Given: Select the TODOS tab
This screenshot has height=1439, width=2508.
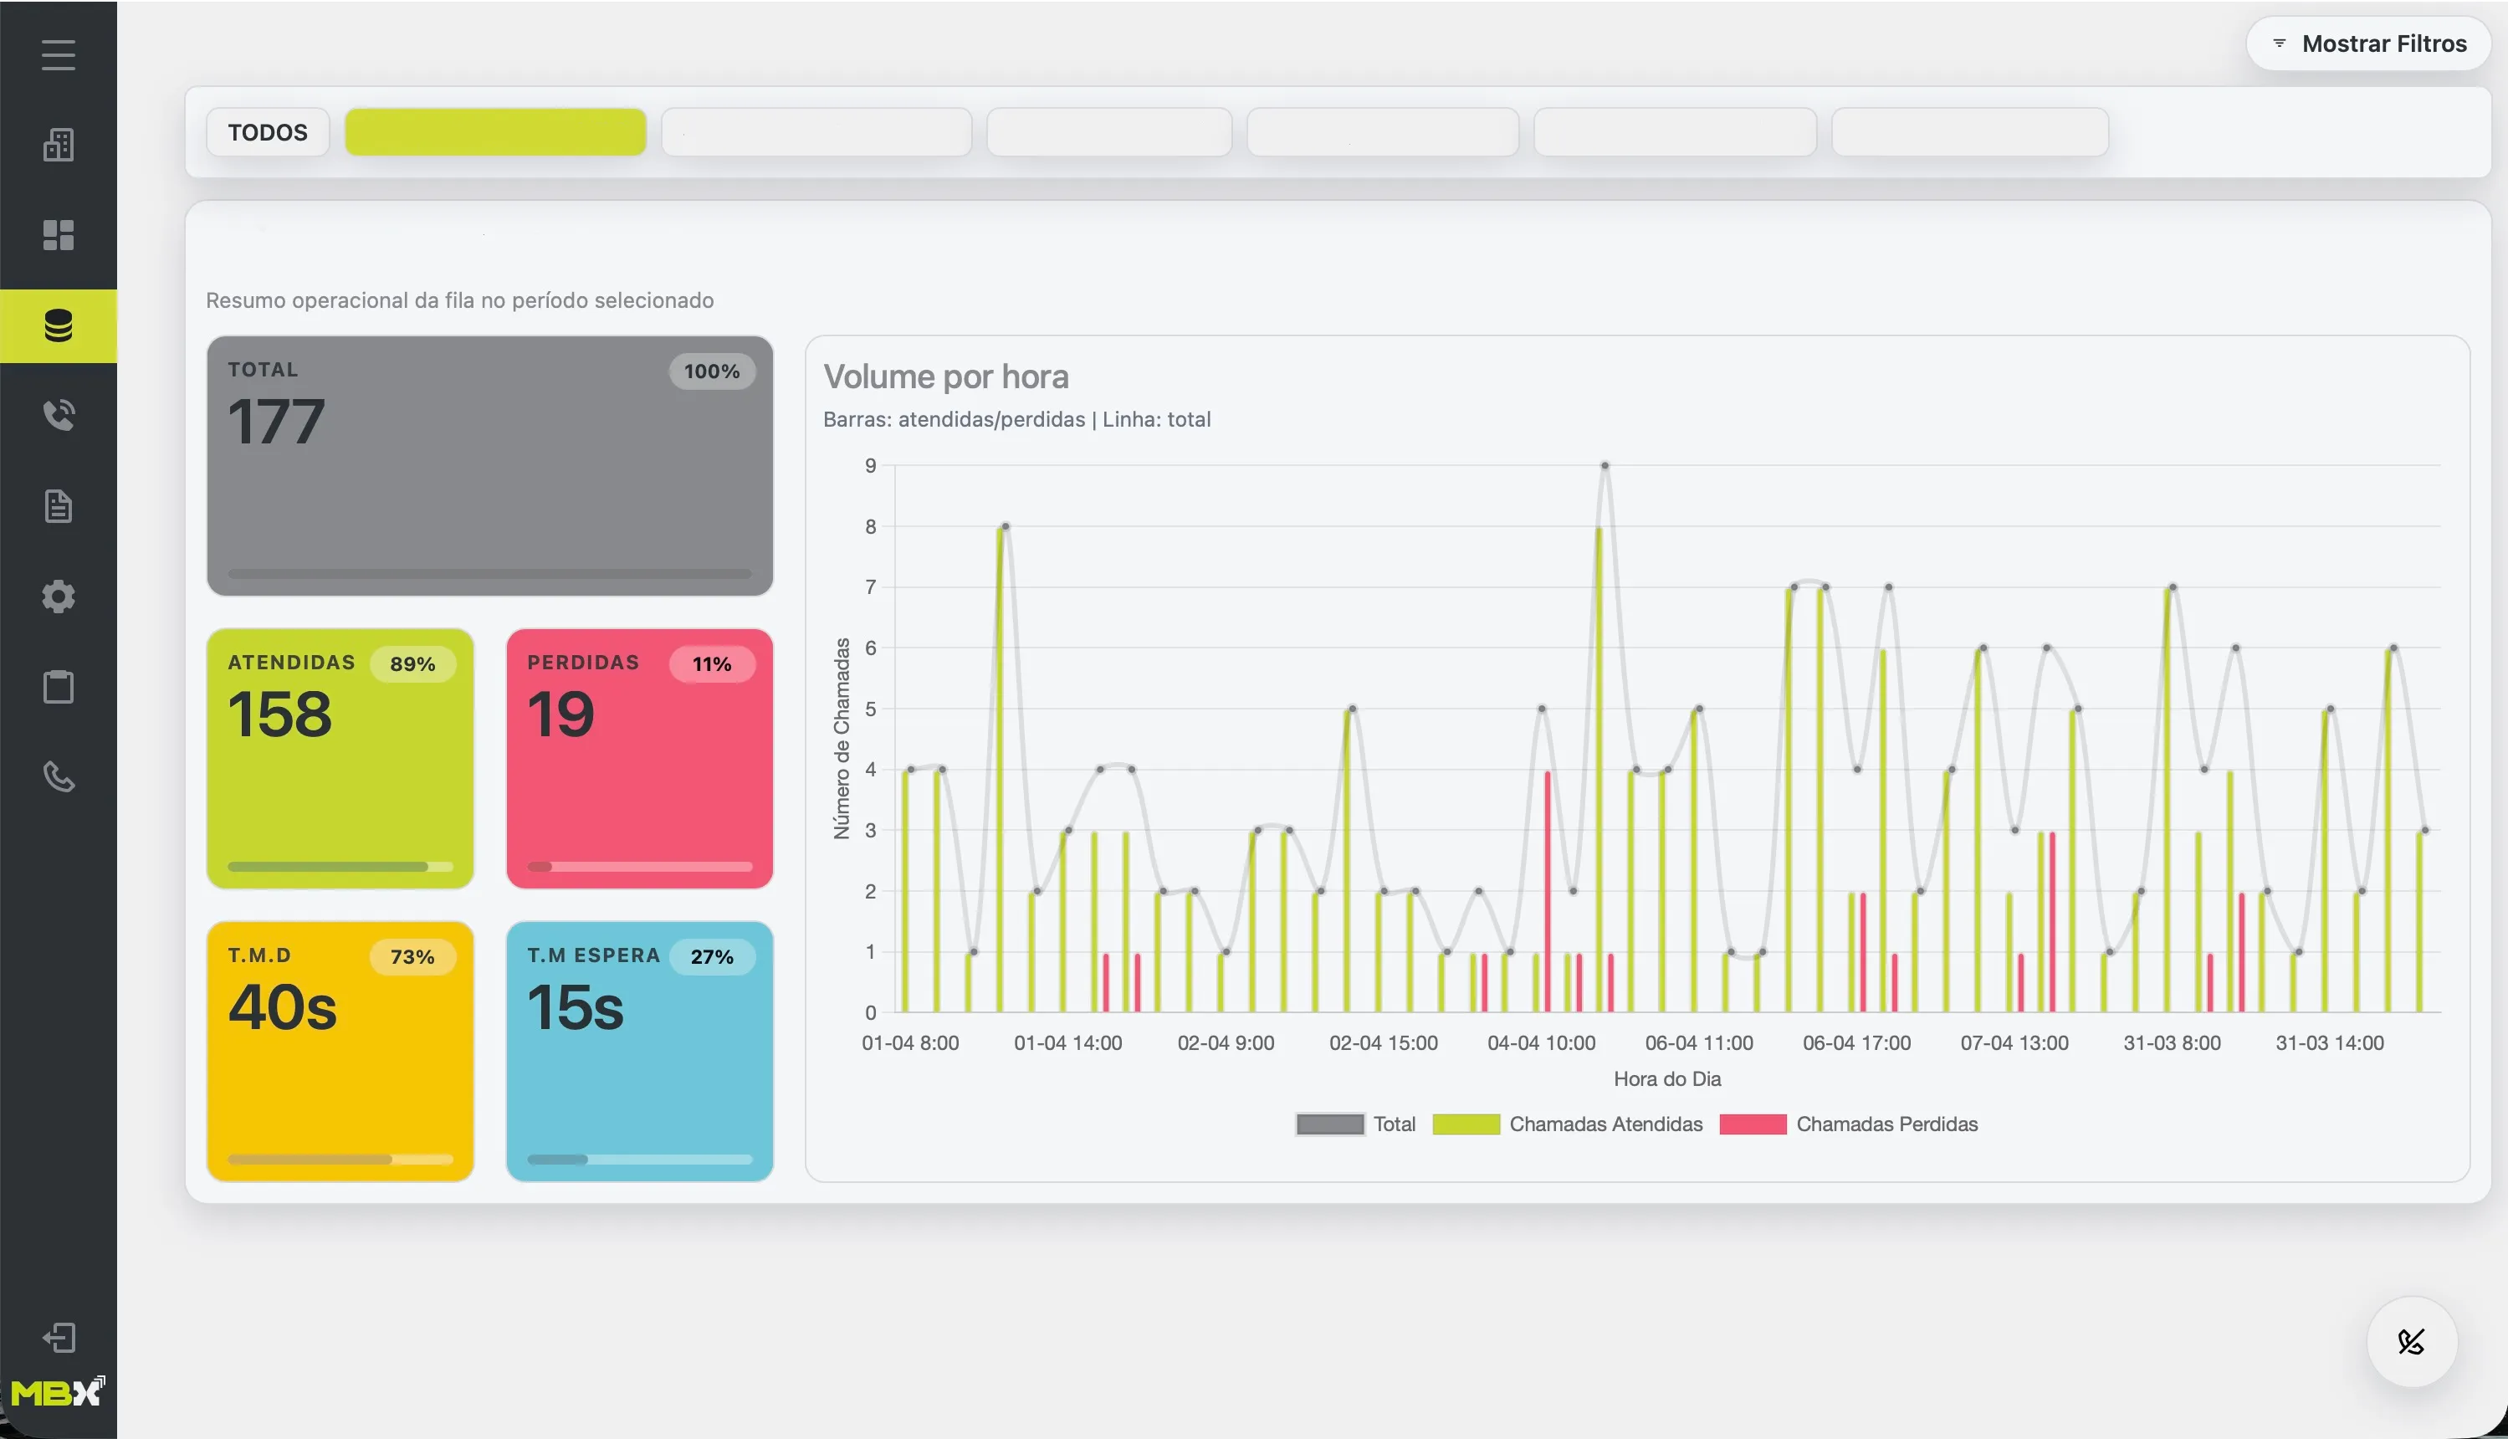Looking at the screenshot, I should tap(267, 132).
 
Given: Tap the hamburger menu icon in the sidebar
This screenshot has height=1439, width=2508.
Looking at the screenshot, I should tap(59, 54).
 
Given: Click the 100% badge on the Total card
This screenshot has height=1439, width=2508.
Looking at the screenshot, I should tap(711, 371).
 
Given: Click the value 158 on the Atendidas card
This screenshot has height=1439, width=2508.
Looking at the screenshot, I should tap(279, 714).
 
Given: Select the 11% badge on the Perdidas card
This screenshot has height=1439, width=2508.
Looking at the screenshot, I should tap(711, 664).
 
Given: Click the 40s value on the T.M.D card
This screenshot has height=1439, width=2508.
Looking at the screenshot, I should tap(283, 1007).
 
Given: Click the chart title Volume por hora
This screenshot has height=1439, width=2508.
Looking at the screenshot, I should tap(945, 376).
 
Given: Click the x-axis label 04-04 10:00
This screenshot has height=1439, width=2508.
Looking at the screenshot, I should tap(1541, 1042).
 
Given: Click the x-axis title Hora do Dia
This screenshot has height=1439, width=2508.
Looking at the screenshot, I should tap(1667, 1079).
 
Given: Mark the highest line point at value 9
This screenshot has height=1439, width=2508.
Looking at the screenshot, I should tap(1605, 464).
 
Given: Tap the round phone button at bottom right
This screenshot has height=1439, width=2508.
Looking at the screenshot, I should tap(2411, 1341).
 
